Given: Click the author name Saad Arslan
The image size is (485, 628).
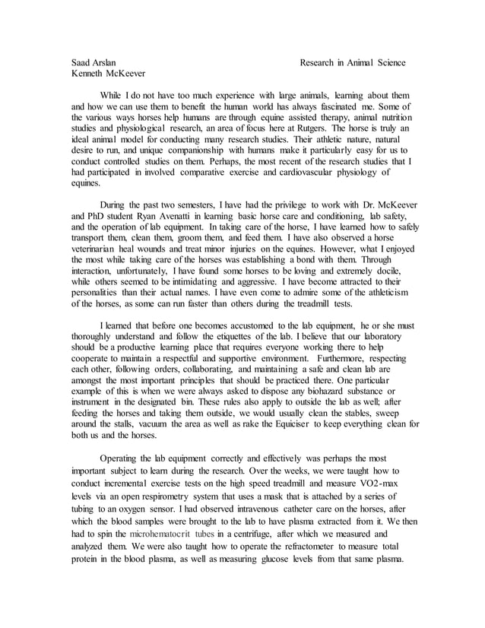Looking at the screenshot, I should (x=94, y=62).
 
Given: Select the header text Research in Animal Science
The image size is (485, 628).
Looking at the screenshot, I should (x=353, y=62).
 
